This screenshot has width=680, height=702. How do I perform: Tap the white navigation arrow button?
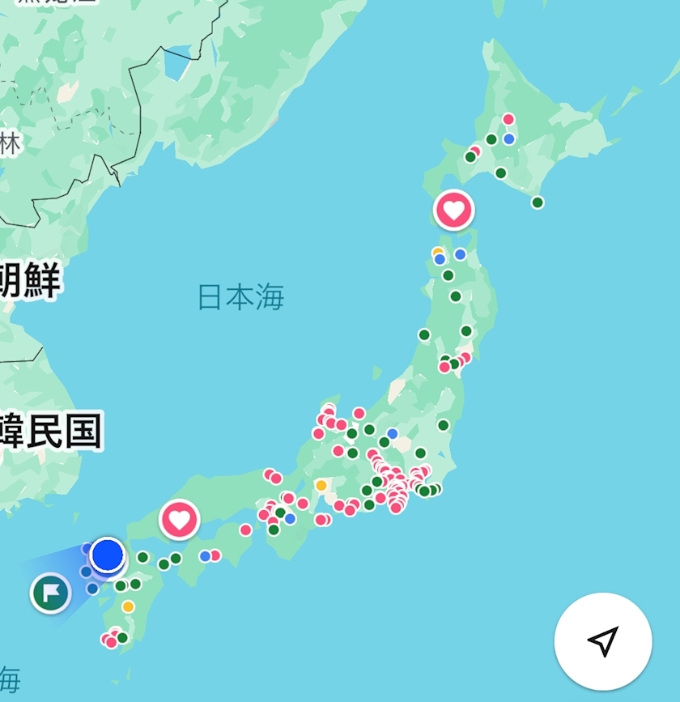[x=603, y=640]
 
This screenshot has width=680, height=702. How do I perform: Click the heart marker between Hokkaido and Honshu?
[x=454, y=210]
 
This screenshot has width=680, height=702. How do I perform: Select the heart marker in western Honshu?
[x=179, y=519]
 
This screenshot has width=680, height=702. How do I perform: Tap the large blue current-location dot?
[x=107, y=555]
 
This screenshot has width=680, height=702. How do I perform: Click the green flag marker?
[x=51, y=594]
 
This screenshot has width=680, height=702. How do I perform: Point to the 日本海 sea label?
[x=241, y=297]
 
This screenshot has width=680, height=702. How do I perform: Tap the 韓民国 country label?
[x=50, y=432]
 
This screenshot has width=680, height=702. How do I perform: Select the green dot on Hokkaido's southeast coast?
[x=538, y=202]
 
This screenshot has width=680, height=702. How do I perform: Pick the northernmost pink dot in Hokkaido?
[x=508, y=120]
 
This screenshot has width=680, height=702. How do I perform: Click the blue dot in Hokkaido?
[x=509, y=138]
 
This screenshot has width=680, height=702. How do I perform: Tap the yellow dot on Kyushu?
[x=128, y=606]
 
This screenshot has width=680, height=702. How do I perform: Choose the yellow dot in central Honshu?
[x=321, y=486]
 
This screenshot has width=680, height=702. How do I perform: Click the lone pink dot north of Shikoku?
[x=245, y=530]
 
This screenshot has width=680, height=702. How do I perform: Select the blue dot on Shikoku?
[x=206, y=556]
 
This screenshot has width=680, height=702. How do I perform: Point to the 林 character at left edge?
[x=10, y=144]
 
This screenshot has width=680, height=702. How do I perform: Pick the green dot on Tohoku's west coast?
[x=424, y=334]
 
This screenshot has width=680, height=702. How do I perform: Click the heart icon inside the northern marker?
[x=454, y=210]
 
